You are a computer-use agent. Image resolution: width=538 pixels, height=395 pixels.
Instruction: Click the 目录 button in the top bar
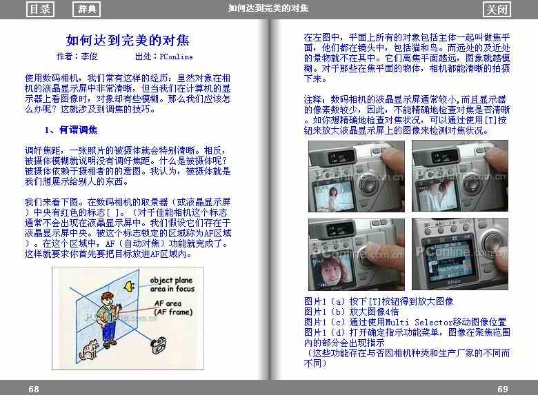40,9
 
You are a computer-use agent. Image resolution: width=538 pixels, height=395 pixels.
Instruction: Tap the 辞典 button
86,9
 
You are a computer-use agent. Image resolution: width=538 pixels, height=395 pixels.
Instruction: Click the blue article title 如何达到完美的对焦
128,40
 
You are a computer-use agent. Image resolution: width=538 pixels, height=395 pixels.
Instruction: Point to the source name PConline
176,57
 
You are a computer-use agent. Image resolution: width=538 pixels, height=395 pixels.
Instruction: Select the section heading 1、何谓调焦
71,130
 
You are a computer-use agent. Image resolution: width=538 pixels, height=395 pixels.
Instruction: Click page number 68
34,389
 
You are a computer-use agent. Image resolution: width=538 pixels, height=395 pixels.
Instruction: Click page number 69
503,389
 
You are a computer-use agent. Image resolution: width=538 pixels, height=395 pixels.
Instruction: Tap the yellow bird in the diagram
129,286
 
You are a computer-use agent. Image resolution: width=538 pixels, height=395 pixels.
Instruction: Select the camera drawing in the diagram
159,345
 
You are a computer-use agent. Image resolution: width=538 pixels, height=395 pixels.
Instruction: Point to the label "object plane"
171,281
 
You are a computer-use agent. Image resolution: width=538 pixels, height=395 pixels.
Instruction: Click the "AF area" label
168,303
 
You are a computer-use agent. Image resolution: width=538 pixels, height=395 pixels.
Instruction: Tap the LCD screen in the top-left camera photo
332,196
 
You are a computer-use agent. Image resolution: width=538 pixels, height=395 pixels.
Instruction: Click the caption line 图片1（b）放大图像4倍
351,312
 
